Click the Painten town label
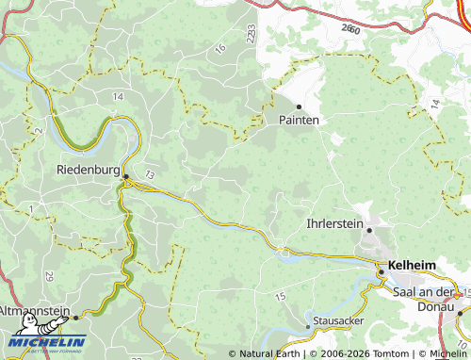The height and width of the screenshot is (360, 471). [x=300, y=121]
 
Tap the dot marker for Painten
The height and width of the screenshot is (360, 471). [x=300, y=106]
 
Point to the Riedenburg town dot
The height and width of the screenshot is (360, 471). [x=125, y=175]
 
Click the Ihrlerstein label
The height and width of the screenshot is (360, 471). [x=333, y=224]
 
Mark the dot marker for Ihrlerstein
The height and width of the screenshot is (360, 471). [x=369, y=229]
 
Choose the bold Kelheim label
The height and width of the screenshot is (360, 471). [x=412, y=267]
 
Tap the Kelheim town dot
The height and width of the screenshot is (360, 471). [x=381, y=271]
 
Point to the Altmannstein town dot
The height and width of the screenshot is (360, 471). [x=75, y=317]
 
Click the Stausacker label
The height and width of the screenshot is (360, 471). [x=338, y=321]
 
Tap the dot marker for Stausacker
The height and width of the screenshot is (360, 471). [x=308, y=326]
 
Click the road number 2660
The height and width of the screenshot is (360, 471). [x=351, y=29]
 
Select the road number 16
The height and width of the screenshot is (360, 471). [x=219, y=48]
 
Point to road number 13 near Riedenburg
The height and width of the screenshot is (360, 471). [x=149, y=175]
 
